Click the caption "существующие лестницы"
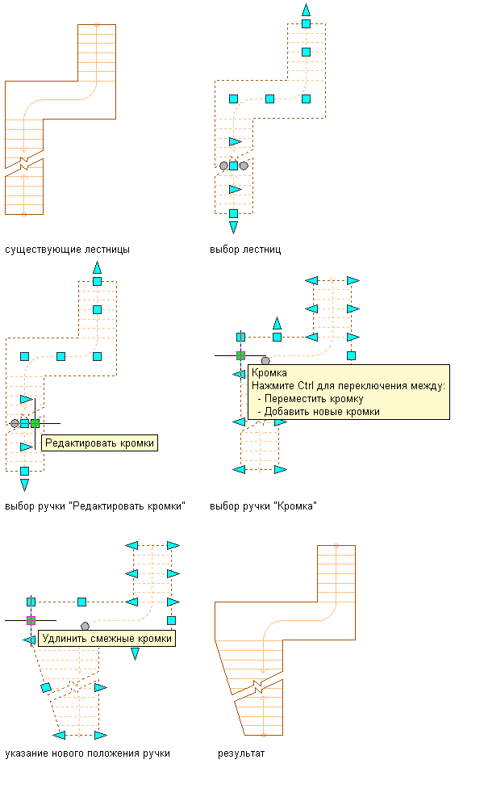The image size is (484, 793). [x=67, y=250]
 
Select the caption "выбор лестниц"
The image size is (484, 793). [x=245, y=250]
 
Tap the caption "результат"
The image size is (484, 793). [x=241, y=753]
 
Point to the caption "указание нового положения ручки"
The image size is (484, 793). [x=87, y=753]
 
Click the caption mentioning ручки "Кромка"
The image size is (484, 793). [x=263, y=506]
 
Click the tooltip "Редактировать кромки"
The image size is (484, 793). [x=99, y=443]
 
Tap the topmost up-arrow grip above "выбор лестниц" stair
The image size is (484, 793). [x=306, y=10]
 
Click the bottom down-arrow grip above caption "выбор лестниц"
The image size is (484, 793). [x=233, y=226]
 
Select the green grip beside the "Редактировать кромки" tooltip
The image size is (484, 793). [x=35, y=422]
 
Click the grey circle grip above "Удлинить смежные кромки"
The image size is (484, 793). [x=85, y=626]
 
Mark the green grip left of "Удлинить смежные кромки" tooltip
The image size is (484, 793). [x=31, y=620]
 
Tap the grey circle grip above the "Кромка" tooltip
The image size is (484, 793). [x=265, y=360]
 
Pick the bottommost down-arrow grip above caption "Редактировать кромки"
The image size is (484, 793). [x=24, y=485]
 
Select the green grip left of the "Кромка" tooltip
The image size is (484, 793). [x=240, y=355]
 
